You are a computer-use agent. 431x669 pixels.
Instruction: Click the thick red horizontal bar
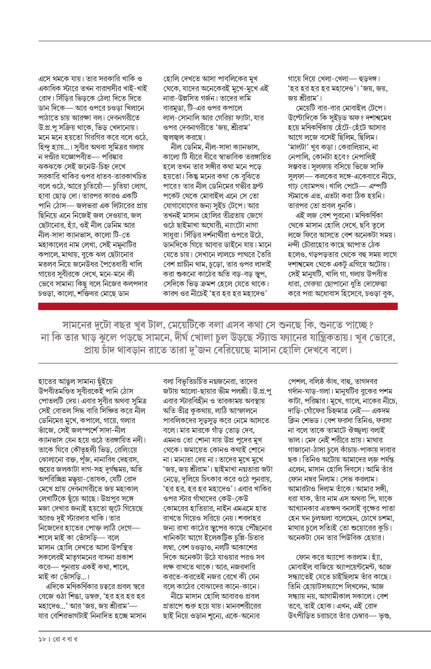tap(218, 306)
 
